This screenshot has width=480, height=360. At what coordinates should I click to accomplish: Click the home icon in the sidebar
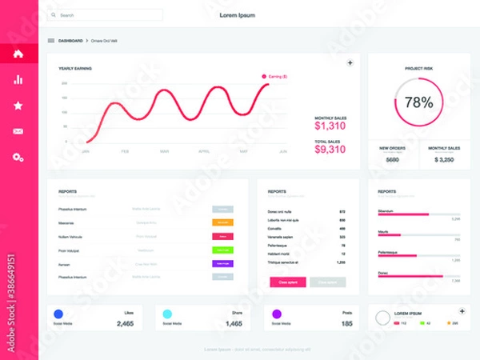pos(18,54)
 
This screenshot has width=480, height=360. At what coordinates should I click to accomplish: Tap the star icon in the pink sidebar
pos(18,105)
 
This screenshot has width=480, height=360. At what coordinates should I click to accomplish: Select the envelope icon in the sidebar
pos(18,131)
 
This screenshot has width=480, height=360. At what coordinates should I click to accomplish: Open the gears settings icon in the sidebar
pos(18,158)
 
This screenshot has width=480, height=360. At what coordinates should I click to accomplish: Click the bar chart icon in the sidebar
pos(18,79)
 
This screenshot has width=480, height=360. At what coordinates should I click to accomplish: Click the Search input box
pos(105,15)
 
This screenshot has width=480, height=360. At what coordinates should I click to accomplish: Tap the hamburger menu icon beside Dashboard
pos(51,40)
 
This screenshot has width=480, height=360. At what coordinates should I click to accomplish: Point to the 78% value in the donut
pos(418,102)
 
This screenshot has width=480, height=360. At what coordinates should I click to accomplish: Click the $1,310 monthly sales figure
pos(330,126)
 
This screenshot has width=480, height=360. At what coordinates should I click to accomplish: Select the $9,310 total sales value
pos(330,149)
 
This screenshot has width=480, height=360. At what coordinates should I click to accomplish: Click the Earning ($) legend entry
pos(275,76)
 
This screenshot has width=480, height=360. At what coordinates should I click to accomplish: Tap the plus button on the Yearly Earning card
pos(350,62)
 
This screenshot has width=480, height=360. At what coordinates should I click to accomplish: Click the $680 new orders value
pos(392,160)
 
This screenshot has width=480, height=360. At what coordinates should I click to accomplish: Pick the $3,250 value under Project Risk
pos(444,160)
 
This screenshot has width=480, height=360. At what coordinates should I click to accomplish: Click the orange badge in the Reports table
pos(222,222)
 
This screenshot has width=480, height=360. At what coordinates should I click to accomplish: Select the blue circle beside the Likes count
pos(58,314)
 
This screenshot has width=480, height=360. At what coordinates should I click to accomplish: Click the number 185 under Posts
pos(346,323)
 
